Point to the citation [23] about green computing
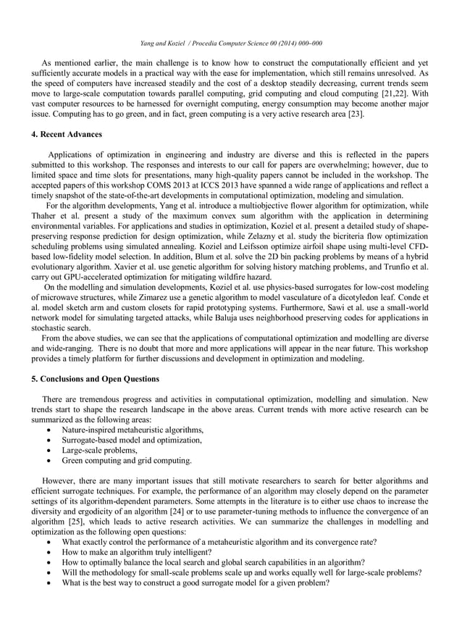(355, 114)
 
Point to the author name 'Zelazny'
(266, 236)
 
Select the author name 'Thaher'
(45, 216)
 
